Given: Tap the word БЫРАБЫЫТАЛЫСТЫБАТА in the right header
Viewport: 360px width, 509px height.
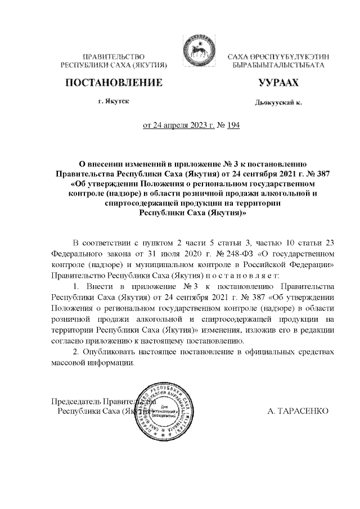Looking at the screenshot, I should (x=278, y=66).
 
